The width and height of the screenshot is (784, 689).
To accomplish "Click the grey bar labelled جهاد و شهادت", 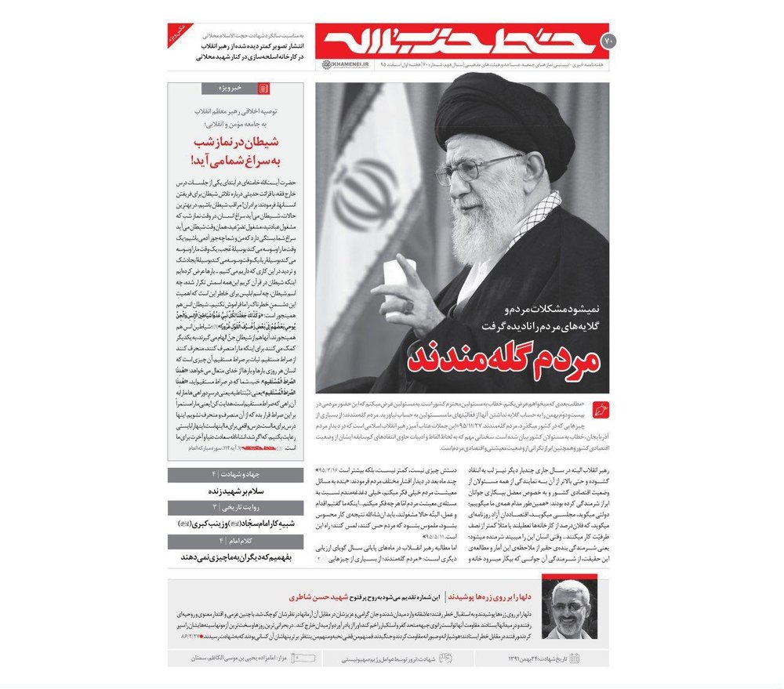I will (235, 475).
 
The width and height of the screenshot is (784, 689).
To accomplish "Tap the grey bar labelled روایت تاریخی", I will (235, 508).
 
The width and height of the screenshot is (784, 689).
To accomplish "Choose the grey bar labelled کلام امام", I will (235, 541).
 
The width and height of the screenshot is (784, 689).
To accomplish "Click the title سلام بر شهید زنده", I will (236, 491).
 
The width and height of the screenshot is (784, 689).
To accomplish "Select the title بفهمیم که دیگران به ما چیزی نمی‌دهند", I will (235, 557).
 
